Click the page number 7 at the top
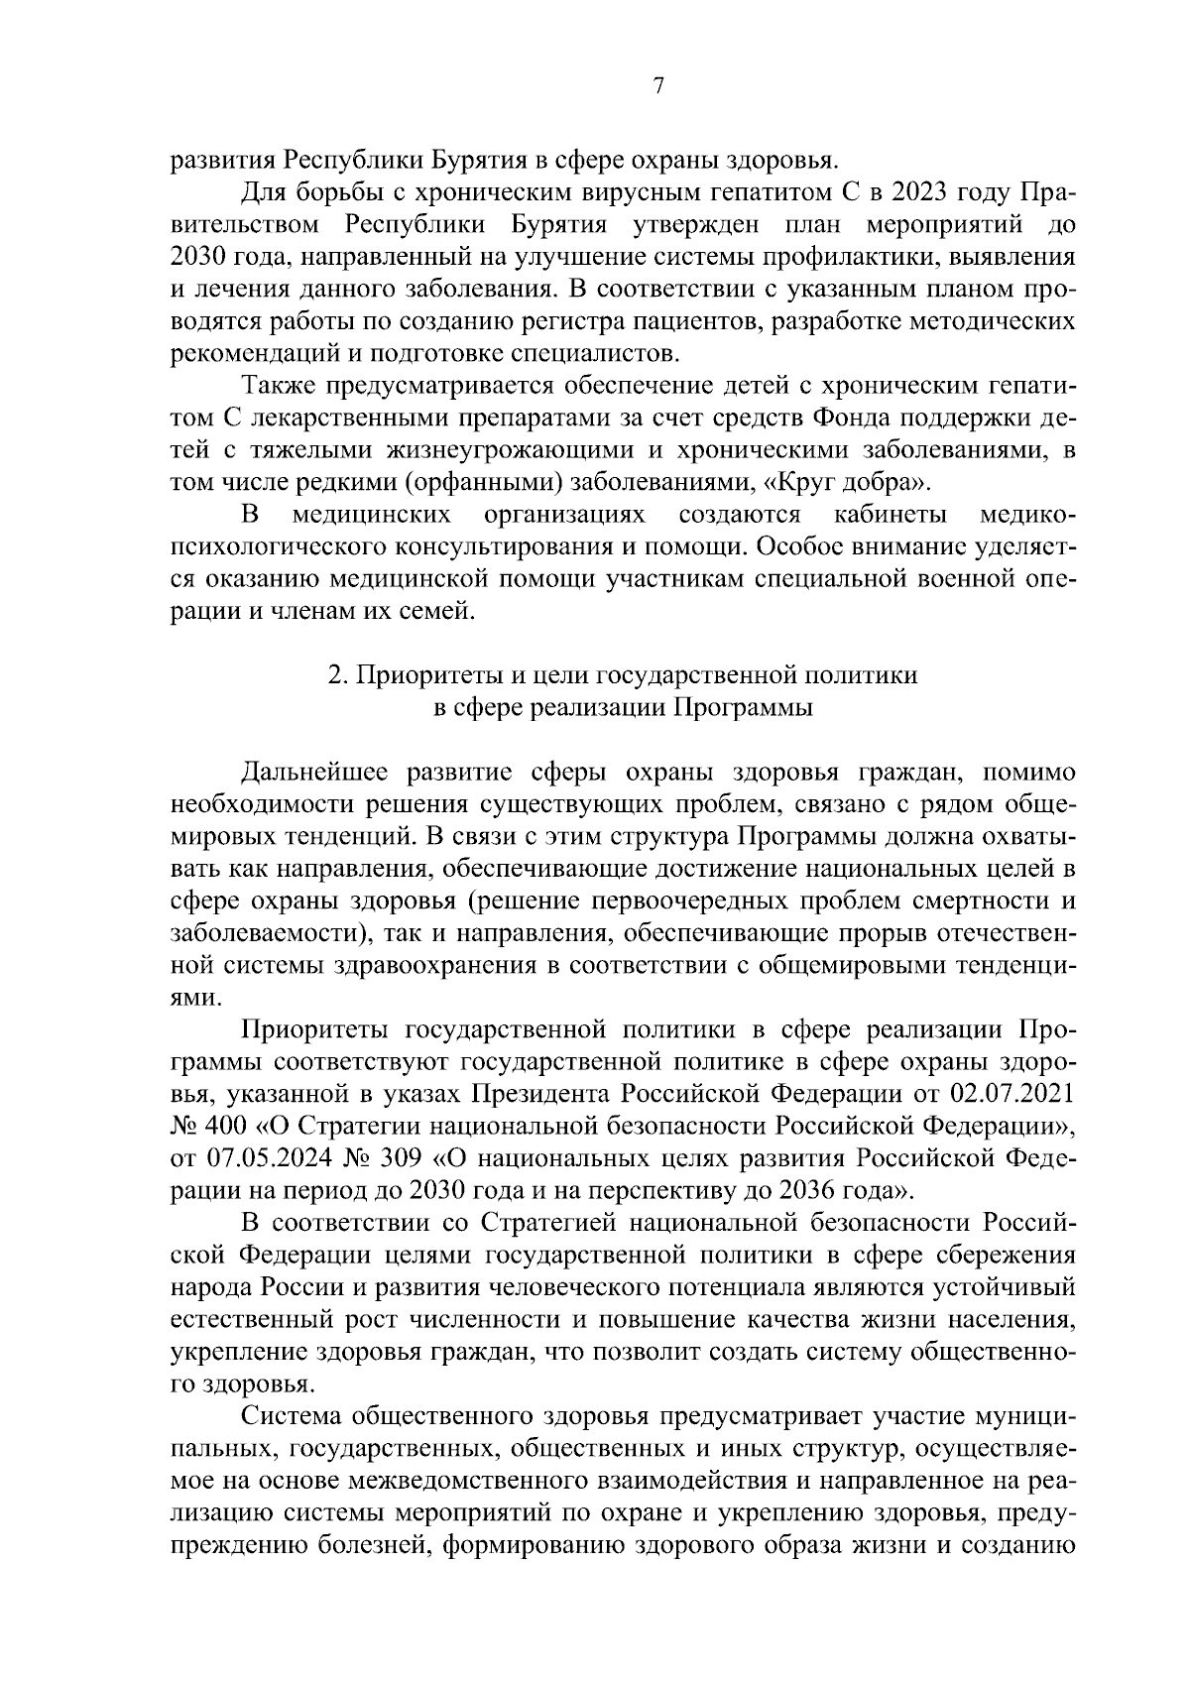(x=657, y=86)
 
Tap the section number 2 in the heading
(x=335, y=675)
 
